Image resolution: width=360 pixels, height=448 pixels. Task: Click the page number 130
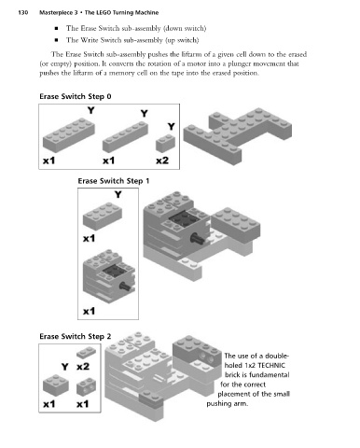23,13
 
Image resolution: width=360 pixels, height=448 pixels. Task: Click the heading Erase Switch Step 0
76,96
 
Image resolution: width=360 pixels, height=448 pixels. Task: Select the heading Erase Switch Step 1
114,181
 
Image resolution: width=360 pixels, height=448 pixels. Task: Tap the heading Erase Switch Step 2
76,336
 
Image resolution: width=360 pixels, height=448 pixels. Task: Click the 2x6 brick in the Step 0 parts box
69,134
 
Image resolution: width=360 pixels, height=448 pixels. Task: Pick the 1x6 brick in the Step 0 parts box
125,136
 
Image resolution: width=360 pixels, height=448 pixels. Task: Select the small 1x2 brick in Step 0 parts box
165,143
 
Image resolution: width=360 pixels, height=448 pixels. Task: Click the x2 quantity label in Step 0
162,161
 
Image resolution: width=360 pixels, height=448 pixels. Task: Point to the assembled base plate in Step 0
238,134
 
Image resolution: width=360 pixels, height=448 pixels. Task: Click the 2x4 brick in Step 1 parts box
103,216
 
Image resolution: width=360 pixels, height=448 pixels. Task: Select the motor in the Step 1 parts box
109,276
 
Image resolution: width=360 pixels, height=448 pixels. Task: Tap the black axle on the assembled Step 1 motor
197,239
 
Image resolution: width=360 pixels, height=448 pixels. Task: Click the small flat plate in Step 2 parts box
86,353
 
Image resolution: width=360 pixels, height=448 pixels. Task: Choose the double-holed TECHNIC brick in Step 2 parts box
86,386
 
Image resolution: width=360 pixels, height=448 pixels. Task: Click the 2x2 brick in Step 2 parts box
56,385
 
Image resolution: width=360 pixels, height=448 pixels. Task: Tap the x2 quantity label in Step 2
83,367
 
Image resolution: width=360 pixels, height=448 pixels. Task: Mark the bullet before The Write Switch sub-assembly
56,40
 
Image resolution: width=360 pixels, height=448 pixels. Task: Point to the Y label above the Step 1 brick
118,195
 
